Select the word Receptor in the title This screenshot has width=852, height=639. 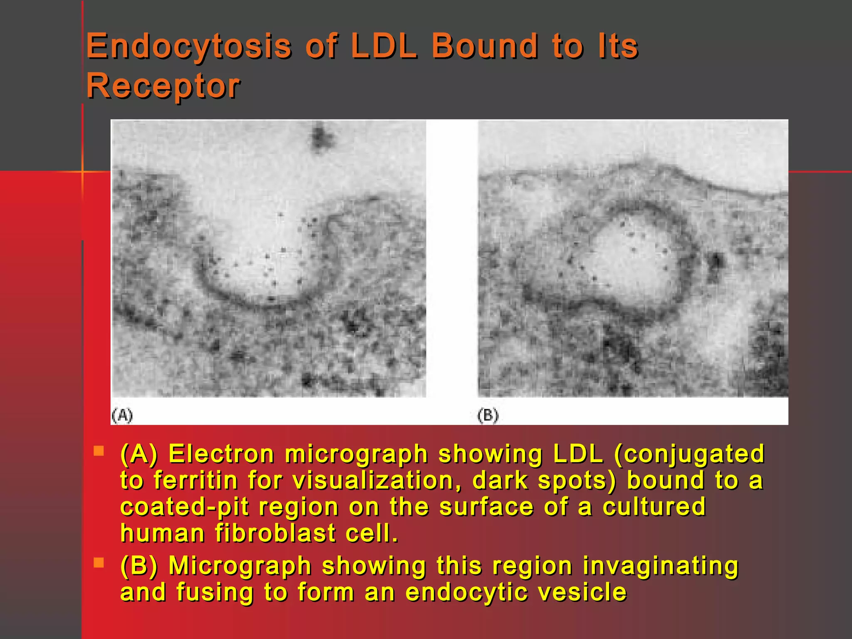click(163, 86)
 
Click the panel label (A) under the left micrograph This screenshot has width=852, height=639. click(122, 415)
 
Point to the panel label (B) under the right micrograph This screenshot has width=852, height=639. click(488, 415)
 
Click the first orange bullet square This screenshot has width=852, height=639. click(99, 451)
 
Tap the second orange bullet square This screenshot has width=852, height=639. click(99, 563)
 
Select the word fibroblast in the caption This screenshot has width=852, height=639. click(275, 533)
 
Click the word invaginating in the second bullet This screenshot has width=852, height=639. click(660, 566)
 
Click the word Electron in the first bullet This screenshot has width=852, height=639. click(221, 454)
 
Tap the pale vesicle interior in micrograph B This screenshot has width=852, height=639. click(632, 262)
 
